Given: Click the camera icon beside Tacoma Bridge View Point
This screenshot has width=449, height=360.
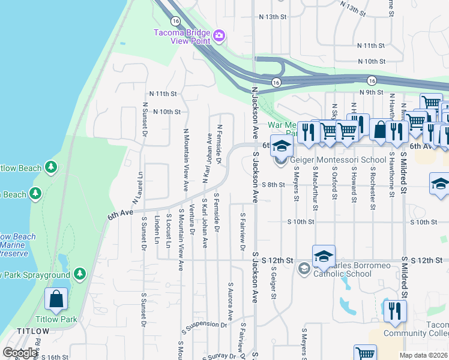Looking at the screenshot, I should pyautogui.click(x=219, y=37).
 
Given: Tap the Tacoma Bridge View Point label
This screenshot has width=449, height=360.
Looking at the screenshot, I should pyautogui.click(x=182, y=37).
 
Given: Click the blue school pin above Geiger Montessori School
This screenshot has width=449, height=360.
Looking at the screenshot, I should pyautogui.click(x=281, y=146).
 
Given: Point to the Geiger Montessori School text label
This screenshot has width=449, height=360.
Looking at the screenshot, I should pyautogui.click(x=338, y=160).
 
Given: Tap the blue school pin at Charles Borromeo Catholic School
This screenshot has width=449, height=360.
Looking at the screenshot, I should pyautogui.click(x=324, y=256).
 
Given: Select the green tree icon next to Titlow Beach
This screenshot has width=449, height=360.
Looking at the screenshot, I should pyautogui.click(x=52, y=166).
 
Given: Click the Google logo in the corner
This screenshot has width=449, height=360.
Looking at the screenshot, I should pyautogui.click(x=20, y=353).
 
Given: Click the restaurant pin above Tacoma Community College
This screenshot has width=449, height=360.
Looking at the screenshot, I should pyautogui.click(x=394, y=311).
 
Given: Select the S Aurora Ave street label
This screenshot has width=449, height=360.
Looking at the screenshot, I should pyautogui.click(x=230, y=301).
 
